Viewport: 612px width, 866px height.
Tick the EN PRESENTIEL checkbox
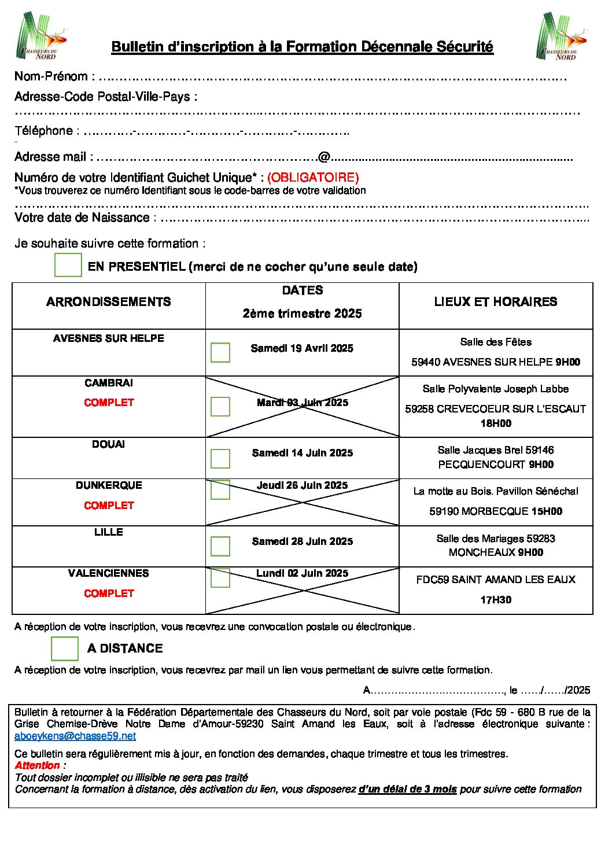click(x=68, y=265)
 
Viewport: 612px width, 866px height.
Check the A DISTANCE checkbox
click(x=65, y=648)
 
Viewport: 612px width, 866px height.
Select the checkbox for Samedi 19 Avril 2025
click(x=220, y=352)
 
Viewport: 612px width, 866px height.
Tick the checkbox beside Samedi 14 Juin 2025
click(x=220, y=458)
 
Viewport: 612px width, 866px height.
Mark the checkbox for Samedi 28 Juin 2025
click(x=220, y=546)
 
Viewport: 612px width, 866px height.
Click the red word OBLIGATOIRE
click(x=313, y=178)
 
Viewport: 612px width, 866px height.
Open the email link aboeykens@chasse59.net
click(x=75, y=736)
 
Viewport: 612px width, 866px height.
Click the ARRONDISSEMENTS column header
click(x=109, y=302)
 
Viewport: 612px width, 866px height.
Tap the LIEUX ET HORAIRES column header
click(x=496, y=302)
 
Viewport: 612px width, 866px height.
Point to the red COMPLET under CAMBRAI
click(x=109, y=403)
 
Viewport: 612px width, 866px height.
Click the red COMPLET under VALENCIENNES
click(x=109, y=594)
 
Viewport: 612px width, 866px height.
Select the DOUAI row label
click(x=109, y=444)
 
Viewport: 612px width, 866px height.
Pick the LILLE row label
click(x=109, y=532)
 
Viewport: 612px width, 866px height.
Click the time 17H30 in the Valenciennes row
click(x=496, y=600)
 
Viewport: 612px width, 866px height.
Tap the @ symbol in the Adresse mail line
click(x=324, y=157)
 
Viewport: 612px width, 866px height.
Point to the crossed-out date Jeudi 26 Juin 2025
click(x=303, y=485)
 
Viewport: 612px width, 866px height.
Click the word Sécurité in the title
click(x=464, y=47)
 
